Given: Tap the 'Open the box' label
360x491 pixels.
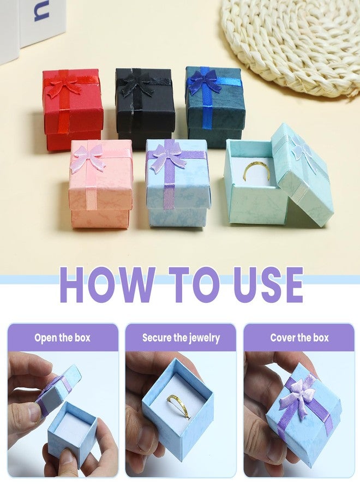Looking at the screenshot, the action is coord(62,338).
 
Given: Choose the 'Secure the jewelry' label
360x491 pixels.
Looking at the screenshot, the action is coord(181,338).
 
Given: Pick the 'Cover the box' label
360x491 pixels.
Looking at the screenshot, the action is coord(299,338).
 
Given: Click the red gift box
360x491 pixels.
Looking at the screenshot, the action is coord(73,110).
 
